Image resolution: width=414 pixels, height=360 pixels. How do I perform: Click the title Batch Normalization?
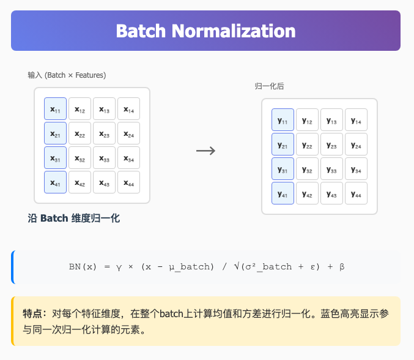pyautogui.click(x=205, y=31)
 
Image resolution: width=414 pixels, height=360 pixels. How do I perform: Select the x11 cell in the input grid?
pyautogui.click(x=55, y=109)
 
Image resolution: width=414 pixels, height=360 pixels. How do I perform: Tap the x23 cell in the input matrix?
pyautogui.click(x=104, y=133)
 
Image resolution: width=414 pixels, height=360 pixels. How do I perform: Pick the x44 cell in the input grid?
pyautogui.click(x=128, y=182)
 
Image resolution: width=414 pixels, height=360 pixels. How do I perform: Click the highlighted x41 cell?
pyautogui.click(x=55, y=182)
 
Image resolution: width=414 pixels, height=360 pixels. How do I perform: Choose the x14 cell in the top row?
pyautogui.click(x=128, y=109)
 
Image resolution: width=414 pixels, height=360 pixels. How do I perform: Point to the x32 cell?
pyautogui.click(x=79, y=158)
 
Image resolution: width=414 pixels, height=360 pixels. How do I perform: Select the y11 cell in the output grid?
pyautogui.click(x=283, y=120)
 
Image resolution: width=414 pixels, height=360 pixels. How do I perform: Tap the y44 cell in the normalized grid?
pyautogui.click(x=356, y=193)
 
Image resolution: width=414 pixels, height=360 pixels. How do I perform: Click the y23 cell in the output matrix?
pyautogui.click(x=331, y=144)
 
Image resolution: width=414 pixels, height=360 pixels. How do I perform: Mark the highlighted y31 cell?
pyautogui.click(x=283, y=169)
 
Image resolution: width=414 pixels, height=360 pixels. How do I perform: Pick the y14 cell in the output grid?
pyautogui.click(x=356, y=120)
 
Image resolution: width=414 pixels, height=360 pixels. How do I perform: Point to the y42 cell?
pyautogui.click(x=307, y=193)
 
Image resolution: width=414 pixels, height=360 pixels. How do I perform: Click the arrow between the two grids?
pyautogui.click(x=205, y=151)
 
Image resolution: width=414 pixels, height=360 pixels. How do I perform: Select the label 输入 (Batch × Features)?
pyautogui.click(x=67, y=75)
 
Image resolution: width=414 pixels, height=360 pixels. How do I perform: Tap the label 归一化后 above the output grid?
pyautogui.click(x=270, y=86)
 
